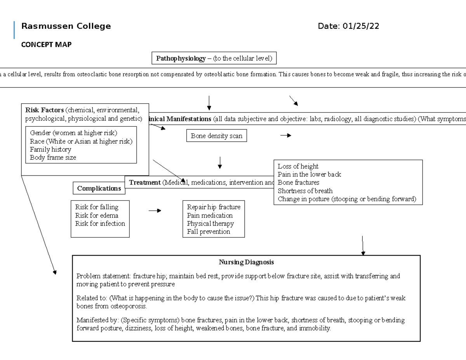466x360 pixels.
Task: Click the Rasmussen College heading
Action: [x=66, y=26]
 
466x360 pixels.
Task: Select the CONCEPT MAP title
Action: [x=46, y=45]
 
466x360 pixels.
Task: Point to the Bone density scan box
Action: [x=216, y=136]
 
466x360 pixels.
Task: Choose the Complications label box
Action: [x=99, y=188]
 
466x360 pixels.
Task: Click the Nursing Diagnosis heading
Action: [x=246, y=262]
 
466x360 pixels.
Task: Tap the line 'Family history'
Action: [x=50, y=150]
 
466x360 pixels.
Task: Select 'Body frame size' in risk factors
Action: [x=53, y=158]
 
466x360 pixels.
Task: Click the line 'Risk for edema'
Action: [x=97, y=216]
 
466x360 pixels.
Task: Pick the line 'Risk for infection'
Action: [x=100, y=224]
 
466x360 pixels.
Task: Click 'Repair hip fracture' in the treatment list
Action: [x=214, y=207]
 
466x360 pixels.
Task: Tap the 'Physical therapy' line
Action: [x=210, y=224]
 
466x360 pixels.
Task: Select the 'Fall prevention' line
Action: [x=208, y=232]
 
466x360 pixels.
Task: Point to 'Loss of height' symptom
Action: [x=298, y=166]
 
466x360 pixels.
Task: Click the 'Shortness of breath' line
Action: [x=305, y=191]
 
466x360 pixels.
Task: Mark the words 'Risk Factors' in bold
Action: [x=44, y=110]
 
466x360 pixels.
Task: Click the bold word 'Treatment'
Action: [x=145, y=183]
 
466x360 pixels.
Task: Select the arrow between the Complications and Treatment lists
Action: [x=155, y=211]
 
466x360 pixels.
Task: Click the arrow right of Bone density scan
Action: [x=285, y=136]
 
